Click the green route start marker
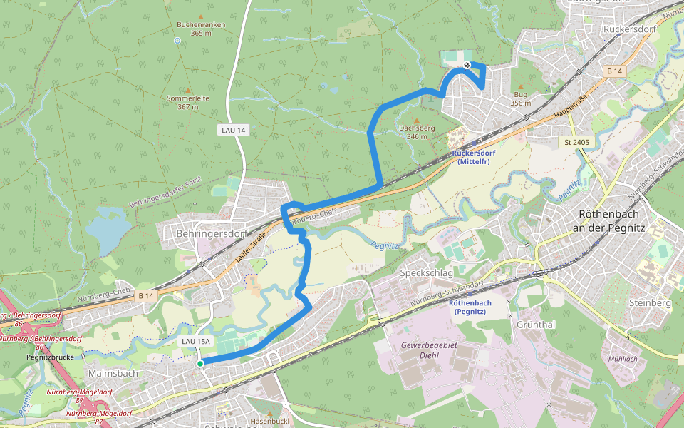tap(200, 364)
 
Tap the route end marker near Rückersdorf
tap(467, 66)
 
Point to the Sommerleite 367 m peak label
tap(188, 102)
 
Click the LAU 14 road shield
tap(233, 130)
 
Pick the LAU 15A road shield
tap(196, 342)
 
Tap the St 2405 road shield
tap(576, 142)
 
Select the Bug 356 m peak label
tap(521, 98)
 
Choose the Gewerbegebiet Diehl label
tap(428, 350)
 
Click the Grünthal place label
tap(537, 324)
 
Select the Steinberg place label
tap(651, 303)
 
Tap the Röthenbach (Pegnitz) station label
tap(470, 307)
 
